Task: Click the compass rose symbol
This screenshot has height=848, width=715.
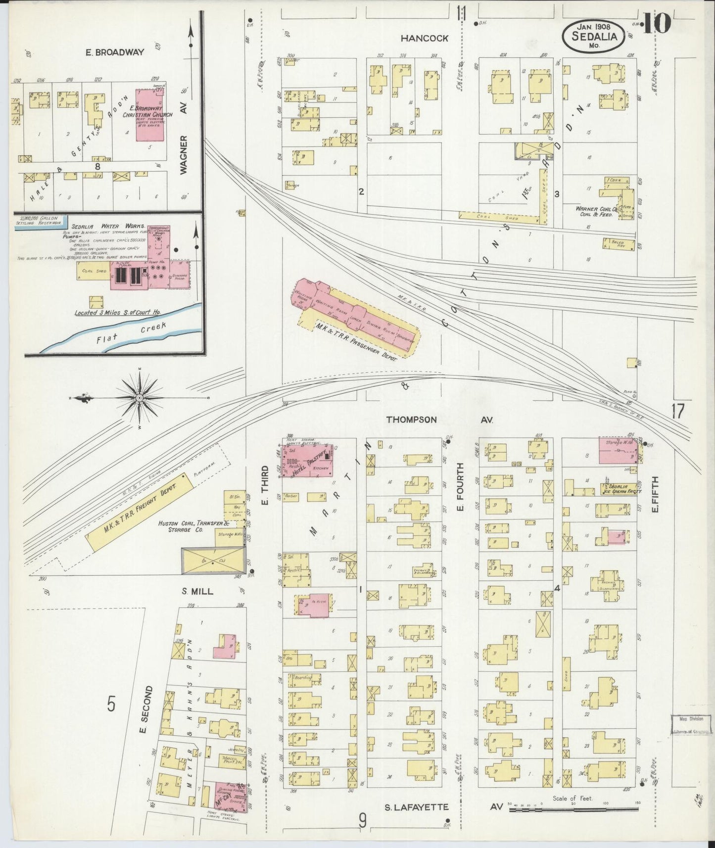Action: click(140, 398)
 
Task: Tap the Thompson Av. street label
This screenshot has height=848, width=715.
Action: click(411, 420)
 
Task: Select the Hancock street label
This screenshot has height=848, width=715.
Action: click(425, 38)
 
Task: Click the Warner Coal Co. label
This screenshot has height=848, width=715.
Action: click(594, 211)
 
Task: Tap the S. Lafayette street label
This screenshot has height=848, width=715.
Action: click(417, 807)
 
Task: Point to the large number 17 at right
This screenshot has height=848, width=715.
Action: click(677, 411)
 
